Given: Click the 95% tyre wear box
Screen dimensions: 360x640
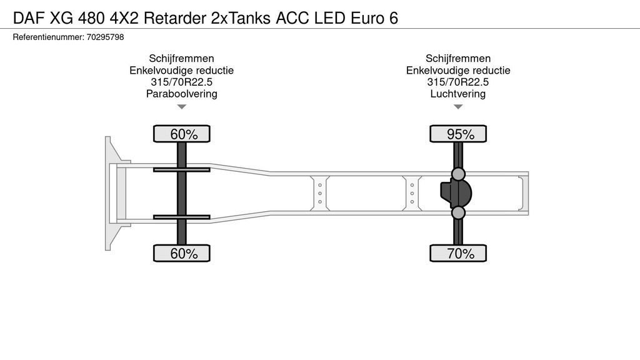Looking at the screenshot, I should point(458,134).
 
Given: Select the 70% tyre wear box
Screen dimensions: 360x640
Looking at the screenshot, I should point(458,253).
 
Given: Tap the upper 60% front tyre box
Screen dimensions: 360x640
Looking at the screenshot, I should point(182,134).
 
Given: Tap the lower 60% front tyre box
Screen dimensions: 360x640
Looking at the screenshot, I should point(182,253).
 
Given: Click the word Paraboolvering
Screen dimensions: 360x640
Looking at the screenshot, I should point(181,94).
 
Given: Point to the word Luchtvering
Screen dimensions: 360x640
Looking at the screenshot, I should point(458,94).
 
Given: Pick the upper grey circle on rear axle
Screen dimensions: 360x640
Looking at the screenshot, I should point(458,174).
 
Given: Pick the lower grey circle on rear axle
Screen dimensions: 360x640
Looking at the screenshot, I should point(458,214).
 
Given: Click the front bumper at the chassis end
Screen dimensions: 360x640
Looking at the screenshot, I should point(110,193).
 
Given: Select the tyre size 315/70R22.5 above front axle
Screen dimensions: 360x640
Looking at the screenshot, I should point(181,82).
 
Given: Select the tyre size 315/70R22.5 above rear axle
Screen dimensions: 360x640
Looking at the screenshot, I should point(458,82).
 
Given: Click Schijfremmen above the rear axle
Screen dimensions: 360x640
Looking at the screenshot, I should point(458,59).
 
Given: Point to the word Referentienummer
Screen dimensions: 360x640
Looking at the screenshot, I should point(47,37).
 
